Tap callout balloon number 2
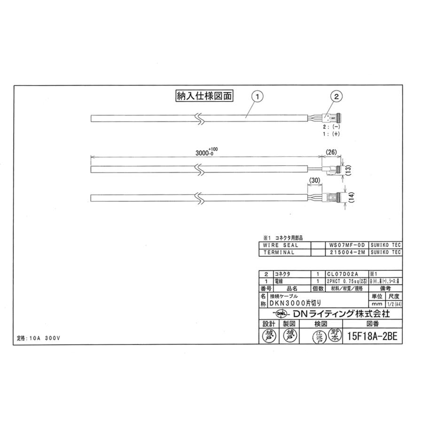pos(337,96)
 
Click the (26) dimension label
pos(332,152)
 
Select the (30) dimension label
pos(315,180)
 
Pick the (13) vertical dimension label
pos(348,170)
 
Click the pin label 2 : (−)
pos(331,127)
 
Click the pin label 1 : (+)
pos(331,134)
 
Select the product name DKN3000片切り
pos(298,304)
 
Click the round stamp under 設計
pos(268,335)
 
